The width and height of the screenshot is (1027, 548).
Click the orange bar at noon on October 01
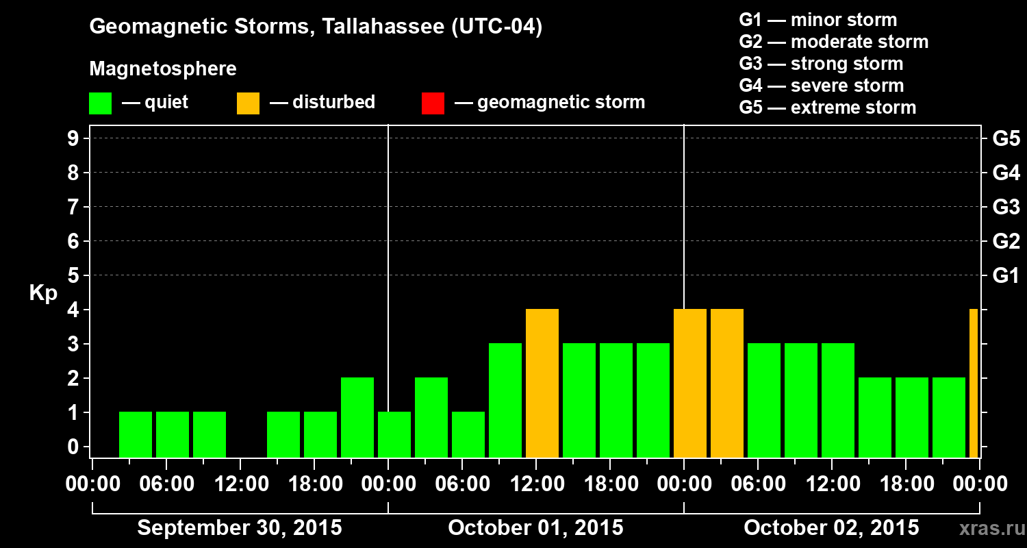542,383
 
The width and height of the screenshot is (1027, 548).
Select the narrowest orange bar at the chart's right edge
974,383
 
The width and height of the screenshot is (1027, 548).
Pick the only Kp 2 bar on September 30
357,417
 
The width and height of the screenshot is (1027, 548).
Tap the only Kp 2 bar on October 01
431,417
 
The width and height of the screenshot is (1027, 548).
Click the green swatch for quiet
100,103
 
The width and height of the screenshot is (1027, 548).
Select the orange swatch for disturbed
248,103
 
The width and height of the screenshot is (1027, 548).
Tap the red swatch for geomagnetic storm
433,103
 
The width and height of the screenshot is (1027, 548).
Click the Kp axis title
43,294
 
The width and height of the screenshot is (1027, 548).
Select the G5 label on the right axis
1006,138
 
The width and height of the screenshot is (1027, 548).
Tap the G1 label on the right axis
1006,276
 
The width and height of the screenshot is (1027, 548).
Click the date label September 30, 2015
240,528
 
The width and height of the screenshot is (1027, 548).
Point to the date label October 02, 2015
831,528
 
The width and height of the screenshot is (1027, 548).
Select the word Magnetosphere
163,69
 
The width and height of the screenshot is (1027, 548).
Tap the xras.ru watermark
987,528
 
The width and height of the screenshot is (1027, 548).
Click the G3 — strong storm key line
821,64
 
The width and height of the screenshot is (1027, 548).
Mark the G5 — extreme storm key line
827,108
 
